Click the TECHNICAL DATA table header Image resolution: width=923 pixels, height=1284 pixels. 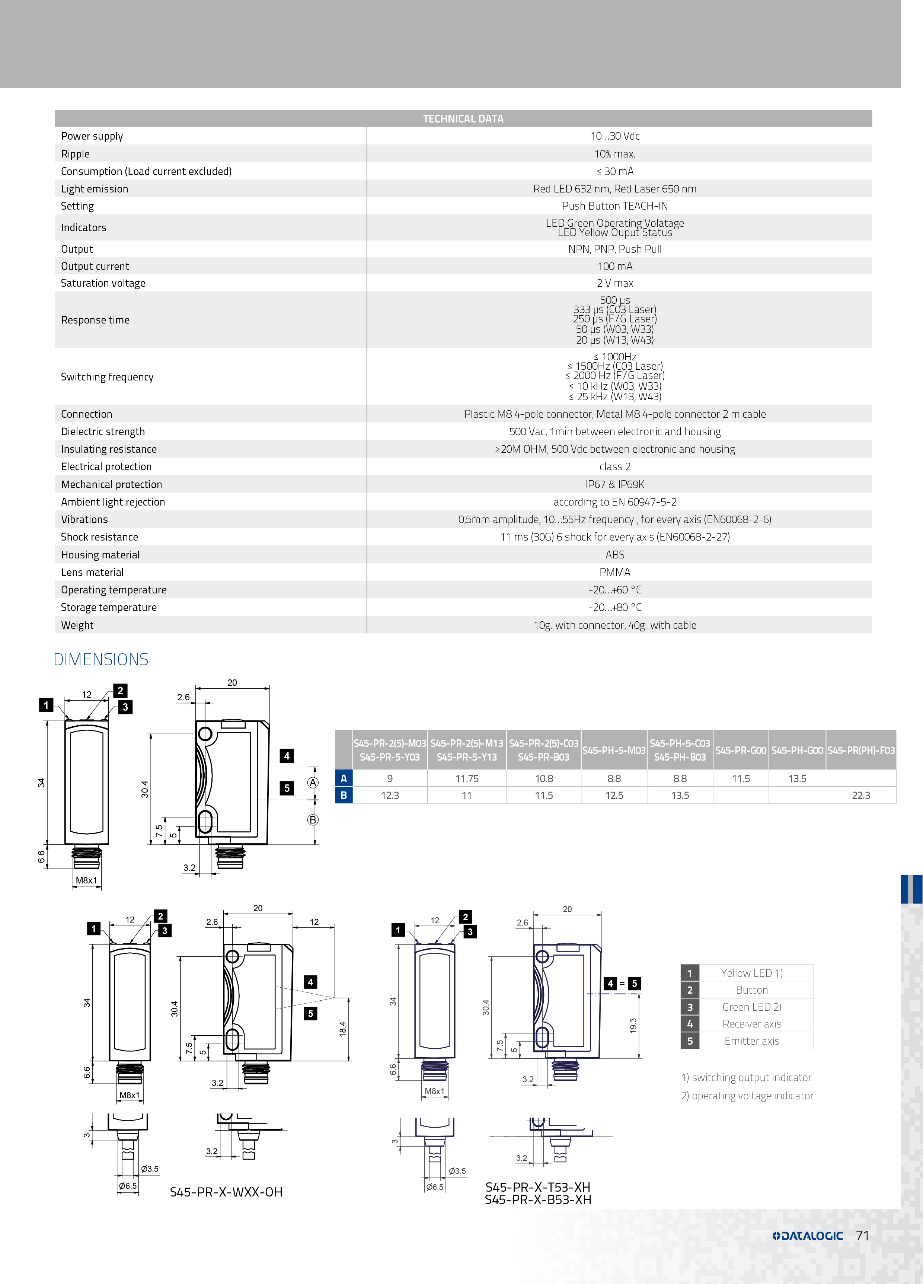(463, 119)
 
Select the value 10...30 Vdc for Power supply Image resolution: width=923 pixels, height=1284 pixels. (614, 136)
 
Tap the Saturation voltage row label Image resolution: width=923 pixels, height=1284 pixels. (103, 283)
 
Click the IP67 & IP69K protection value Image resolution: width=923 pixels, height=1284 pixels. (614, 484)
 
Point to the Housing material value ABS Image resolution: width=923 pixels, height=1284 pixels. (614, 555)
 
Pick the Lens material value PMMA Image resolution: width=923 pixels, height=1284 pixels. (614, 572)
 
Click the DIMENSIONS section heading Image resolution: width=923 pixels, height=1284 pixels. (101, 660)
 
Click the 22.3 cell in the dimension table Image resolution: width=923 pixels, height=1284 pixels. (861, 796)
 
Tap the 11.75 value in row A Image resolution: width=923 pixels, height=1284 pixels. (467, 778)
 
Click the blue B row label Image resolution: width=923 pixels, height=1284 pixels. (344, 796)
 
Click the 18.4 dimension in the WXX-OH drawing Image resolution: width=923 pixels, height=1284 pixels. (342, 1029)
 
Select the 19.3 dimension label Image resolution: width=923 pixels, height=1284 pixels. (633, 1025)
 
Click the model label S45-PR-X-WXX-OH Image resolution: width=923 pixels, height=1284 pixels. (226, 1192)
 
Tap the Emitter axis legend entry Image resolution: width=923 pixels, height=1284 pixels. (751, 1041)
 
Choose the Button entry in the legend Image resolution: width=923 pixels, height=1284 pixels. (751, 990)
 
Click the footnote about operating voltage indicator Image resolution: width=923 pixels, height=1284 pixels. (747, 1096)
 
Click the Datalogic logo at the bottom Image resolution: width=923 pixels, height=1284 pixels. (808, 1236)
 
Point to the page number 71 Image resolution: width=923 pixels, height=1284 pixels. (862, 1235)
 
